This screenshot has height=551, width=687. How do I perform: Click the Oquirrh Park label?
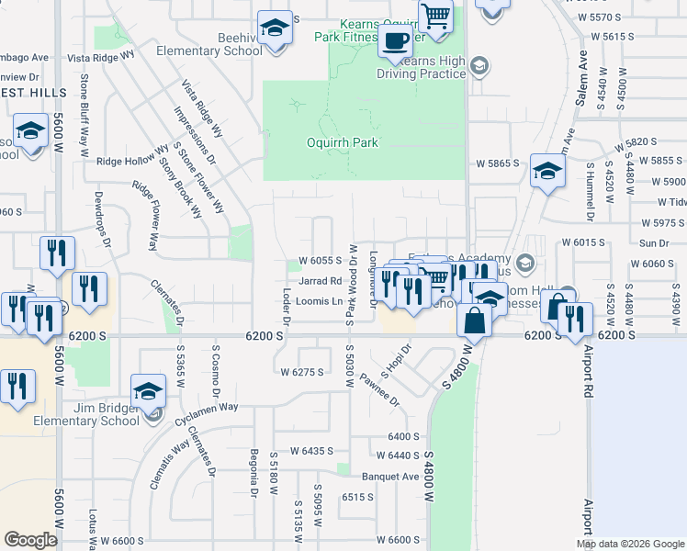[x=342, y=143]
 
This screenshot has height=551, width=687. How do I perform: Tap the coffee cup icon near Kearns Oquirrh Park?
[x=395, y=42]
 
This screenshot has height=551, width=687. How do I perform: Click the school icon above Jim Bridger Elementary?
[x=147, y=391]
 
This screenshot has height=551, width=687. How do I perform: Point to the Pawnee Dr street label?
[x=379, y=389]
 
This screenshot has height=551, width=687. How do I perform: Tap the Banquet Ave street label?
[x=389, y=477]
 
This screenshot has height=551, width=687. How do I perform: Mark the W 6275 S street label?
[x=303, y=372]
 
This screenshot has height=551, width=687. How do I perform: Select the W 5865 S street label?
[x=497, y=163]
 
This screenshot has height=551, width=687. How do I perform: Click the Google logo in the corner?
[x=30, y=540]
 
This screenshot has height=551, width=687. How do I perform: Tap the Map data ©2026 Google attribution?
[x=629, y=544]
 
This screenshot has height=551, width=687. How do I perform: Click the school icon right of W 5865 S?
[x=547, y=172]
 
